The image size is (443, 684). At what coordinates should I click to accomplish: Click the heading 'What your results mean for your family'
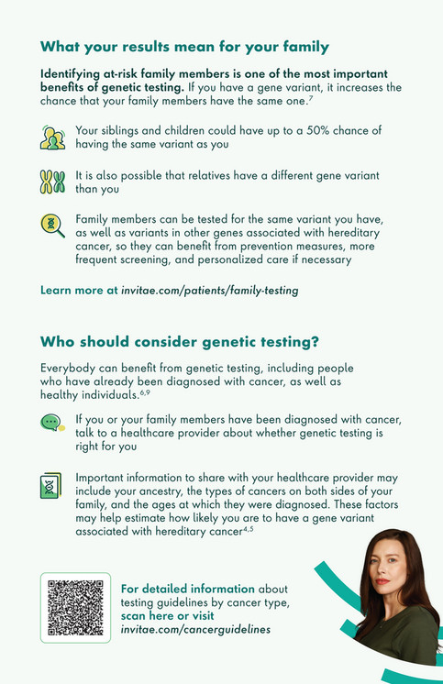184,47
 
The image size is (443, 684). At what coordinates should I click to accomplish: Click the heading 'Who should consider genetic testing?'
180,343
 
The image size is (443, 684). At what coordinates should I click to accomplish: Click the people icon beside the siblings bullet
53,138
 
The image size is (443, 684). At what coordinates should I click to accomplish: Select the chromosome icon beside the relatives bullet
53,181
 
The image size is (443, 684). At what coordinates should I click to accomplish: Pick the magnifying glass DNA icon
53,225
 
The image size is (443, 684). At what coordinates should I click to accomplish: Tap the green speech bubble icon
53,423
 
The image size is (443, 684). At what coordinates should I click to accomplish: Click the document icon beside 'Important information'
51,486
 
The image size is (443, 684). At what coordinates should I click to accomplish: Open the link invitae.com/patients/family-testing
210,290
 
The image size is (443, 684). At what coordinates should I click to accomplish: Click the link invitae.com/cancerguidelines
195,630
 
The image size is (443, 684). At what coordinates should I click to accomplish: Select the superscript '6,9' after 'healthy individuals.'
145,392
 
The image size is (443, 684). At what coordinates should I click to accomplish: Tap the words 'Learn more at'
79,290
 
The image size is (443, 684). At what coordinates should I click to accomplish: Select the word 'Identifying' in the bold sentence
76,72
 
